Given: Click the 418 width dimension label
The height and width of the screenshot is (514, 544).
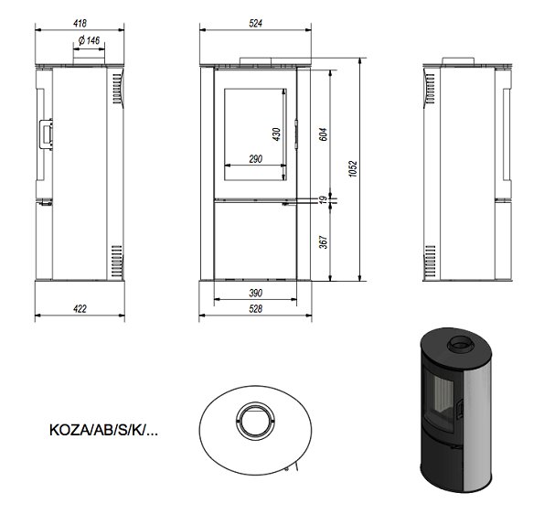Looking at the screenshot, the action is click(x=80, y=23).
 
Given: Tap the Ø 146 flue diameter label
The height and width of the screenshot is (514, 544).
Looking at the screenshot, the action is click(x=90, y=40).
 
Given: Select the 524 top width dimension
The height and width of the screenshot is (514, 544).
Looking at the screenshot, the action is click(x=256, y=23).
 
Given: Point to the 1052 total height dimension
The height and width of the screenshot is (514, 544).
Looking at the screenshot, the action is click(x=353, y=169).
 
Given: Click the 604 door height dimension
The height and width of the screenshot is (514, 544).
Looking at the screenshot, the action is click(x=323, y=134).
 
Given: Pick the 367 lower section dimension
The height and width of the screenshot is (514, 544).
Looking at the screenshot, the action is click(x=323, y=242).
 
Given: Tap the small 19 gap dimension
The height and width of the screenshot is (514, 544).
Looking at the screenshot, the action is click(x=323, y=200).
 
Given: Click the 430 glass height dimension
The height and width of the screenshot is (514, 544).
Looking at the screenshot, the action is click(x=276, y=134).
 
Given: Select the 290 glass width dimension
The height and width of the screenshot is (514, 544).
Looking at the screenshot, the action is click(x=256, y=159).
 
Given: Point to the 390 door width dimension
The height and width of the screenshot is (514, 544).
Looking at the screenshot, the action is click(x=256, y=293).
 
